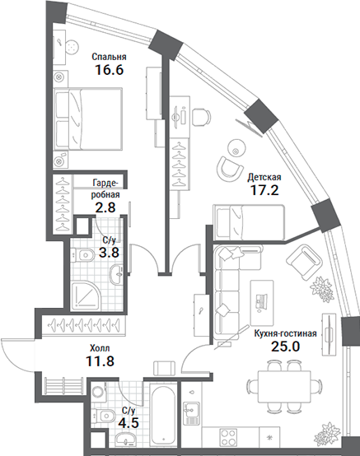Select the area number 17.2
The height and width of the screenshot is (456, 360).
[264, 191]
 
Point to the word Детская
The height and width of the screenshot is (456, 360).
[265, 177]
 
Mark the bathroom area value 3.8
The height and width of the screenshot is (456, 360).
[110, 253]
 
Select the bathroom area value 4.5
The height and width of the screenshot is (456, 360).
[129, 423]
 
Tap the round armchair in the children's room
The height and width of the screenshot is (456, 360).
[228, 167]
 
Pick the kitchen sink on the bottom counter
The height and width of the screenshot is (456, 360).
[194, 409]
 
